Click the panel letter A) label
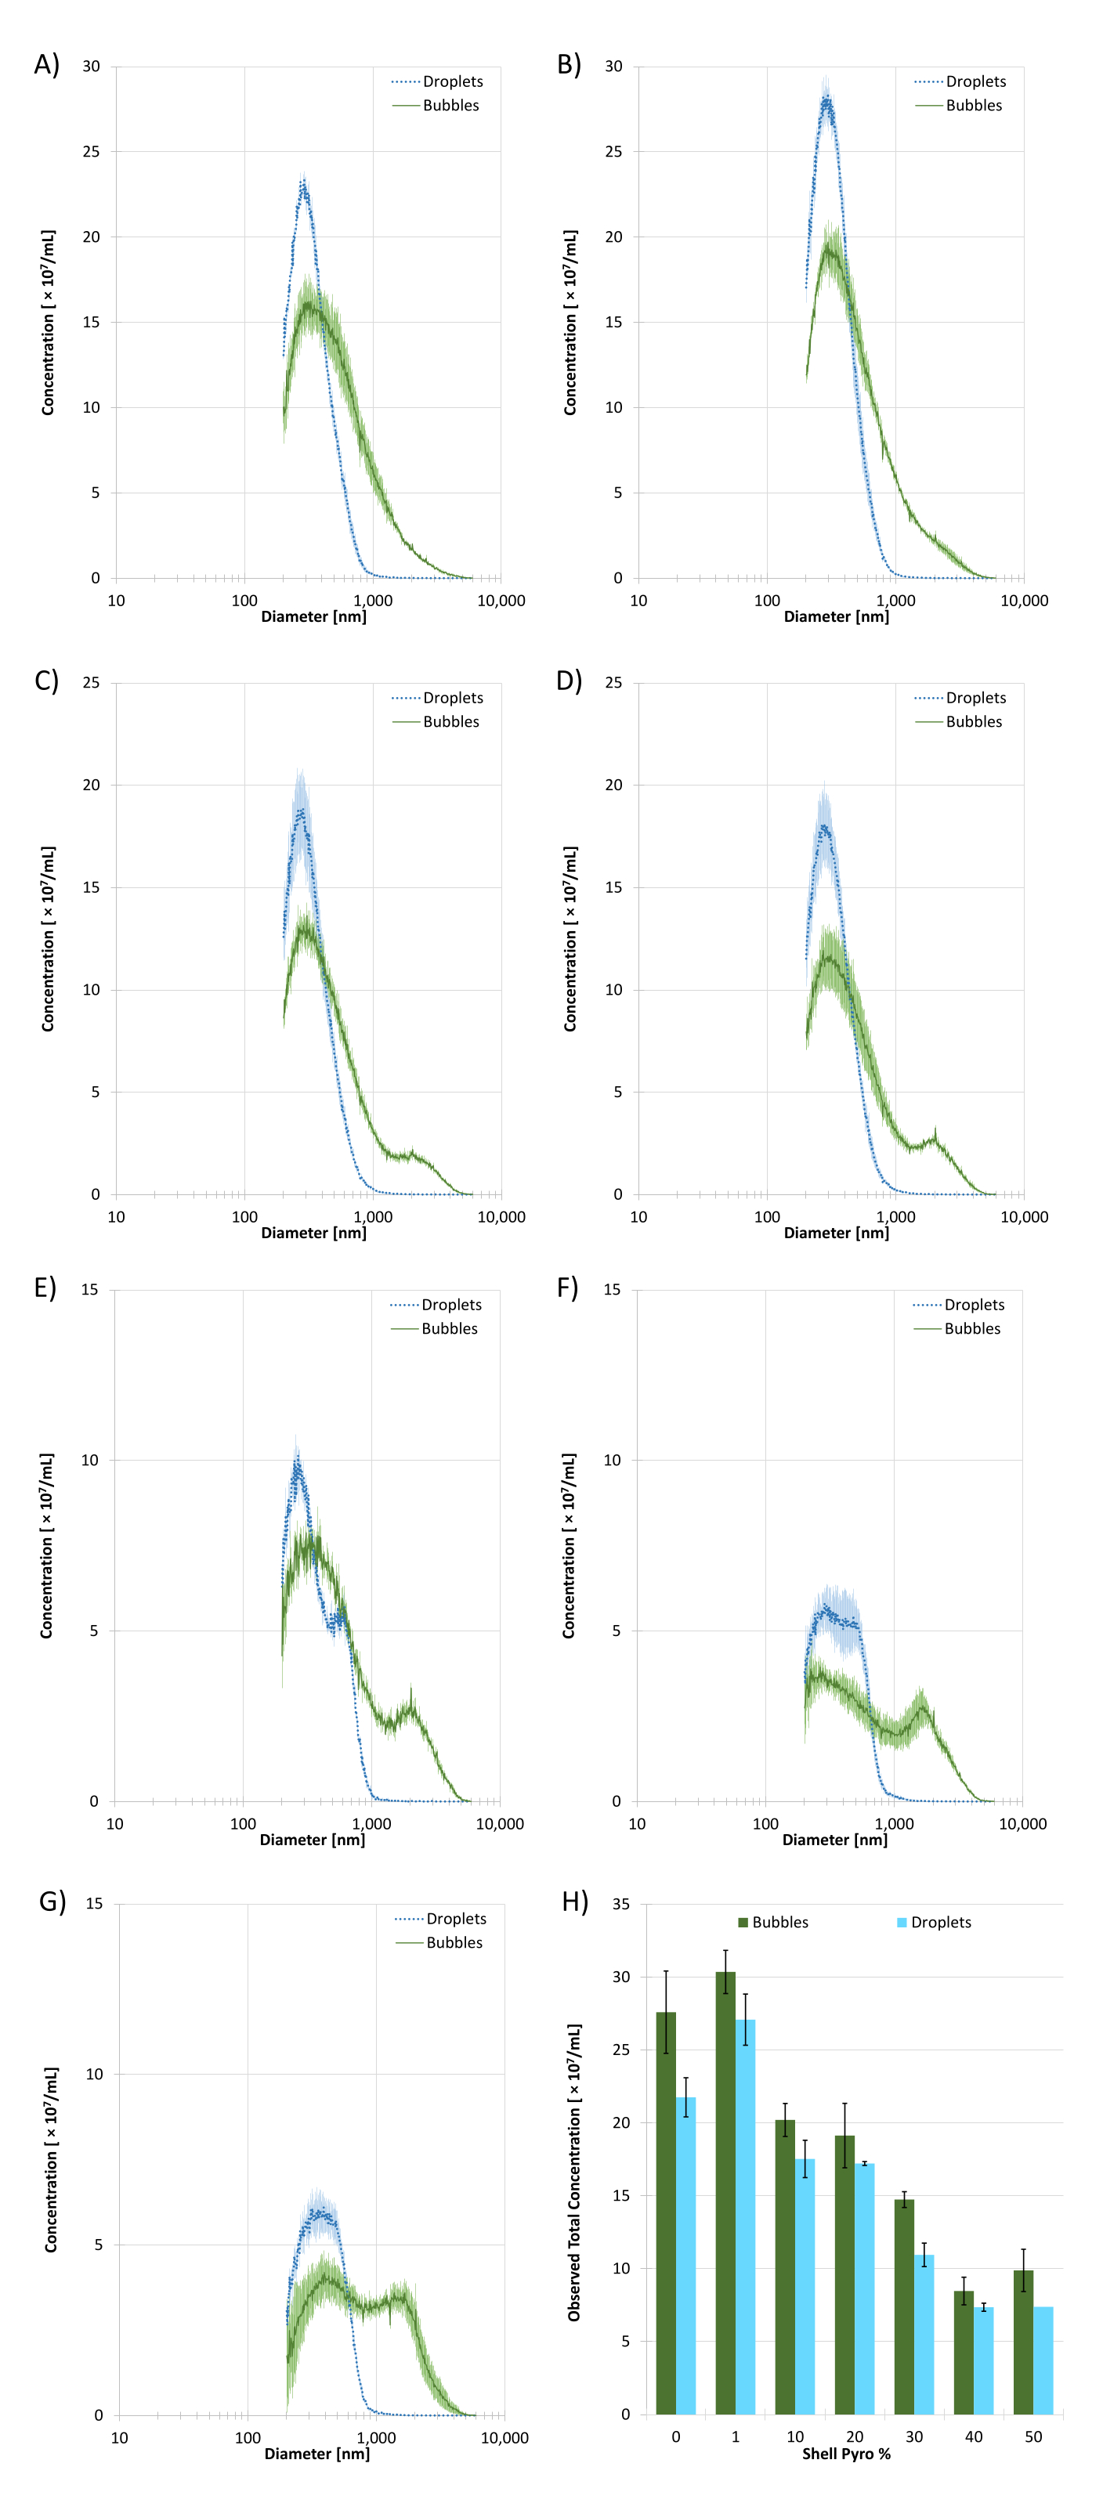point(47,65)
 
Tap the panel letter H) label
point(575,1902)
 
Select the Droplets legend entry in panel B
point(975,81)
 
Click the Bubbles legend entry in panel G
point(454,1942)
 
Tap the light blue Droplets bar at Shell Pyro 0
point(686,2254)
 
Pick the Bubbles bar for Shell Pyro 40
point(963,2351)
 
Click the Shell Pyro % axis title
point(845,2454)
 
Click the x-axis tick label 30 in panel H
point(913,2436)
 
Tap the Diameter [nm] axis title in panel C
point(314,1232)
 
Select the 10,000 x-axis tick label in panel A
point(501,601)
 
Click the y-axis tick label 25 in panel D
point(613,683)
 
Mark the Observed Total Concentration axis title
point(574,2173)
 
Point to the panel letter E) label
point(45,1288)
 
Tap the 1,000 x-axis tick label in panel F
point(894,1824)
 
